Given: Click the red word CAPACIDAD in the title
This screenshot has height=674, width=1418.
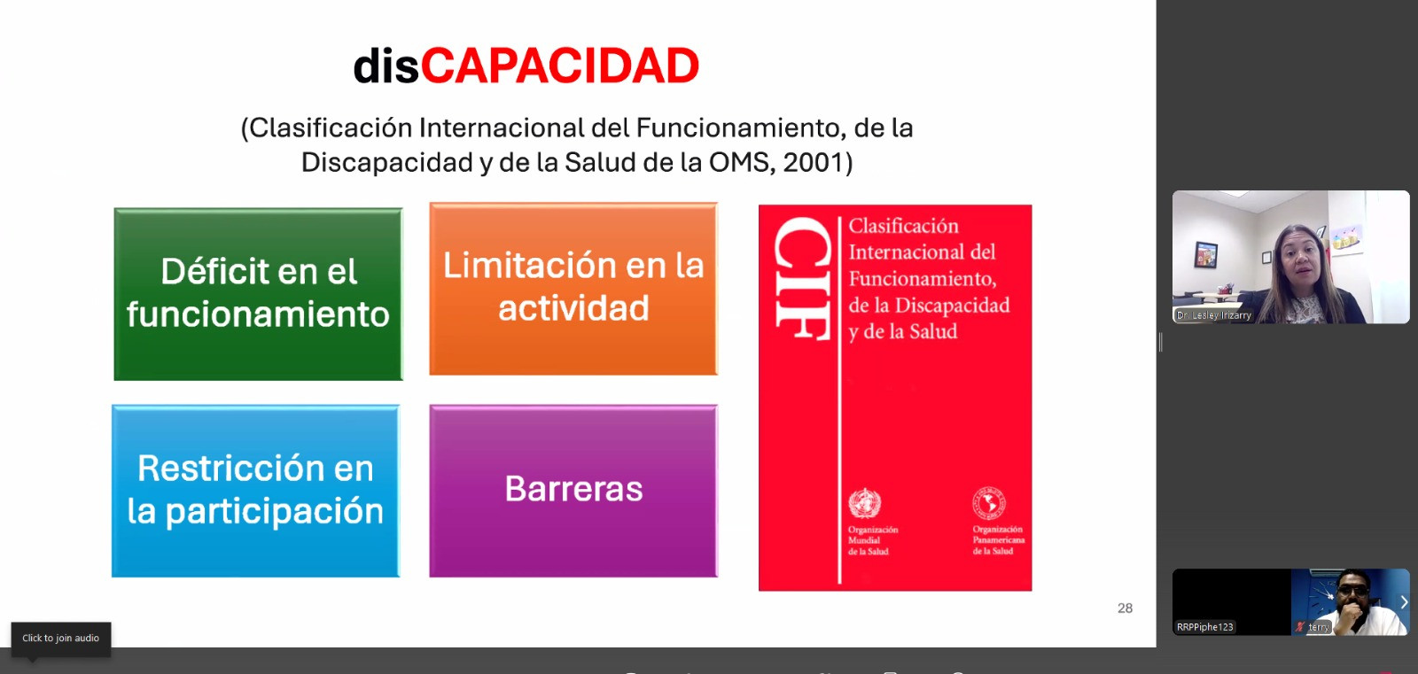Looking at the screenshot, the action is click(559, 66).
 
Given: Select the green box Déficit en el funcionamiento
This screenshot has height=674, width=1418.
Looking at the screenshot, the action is click(258, 294).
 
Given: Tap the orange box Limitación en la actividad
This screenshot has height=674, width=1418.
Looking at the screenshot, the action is click(573, 289).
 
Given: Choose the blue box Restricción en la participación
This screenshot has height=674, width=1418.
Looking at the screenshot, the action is click(256, 491).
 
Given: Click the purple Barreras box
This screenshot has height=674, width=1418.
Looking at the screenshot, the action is click(573, 491).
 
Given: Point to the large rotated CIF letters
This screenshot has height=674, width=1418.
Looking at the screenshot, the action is click(803, 278).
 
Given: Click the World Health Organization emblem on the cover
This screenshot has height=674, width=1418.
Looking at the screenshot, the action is click(865, 504).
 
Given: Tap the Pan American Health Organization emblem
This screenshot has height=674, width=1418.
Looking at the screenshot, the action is click(989, 504).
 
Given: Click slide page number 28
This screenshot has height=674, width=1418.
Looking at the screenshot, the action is click(1125, 608).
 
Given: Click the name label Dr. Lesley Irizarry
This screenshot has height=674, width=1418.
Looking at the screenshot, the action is click(1213, 315).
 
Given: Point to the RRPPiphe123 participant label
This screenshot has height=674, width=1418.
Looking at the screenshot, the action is click(1204, 627).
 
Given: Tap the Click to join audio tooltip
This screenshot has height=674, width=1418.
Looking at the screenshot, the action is click(61, 638).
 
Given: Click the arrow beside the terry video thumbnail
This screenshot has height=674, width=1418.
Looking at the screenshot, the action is click(1404, 602).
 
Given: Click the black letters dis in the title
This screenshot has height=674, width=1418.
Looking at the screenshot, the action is click(386, 66).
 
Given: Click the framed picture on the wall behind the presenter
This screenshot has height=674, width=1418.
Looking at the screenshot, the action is click(1206, 254).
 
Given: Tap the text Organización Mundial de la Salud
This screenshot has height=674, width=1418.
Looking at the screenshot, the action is click(873, 540).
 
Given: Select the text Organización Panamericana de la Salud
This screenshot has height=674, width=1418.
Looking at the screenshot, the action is click(998, 540).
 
